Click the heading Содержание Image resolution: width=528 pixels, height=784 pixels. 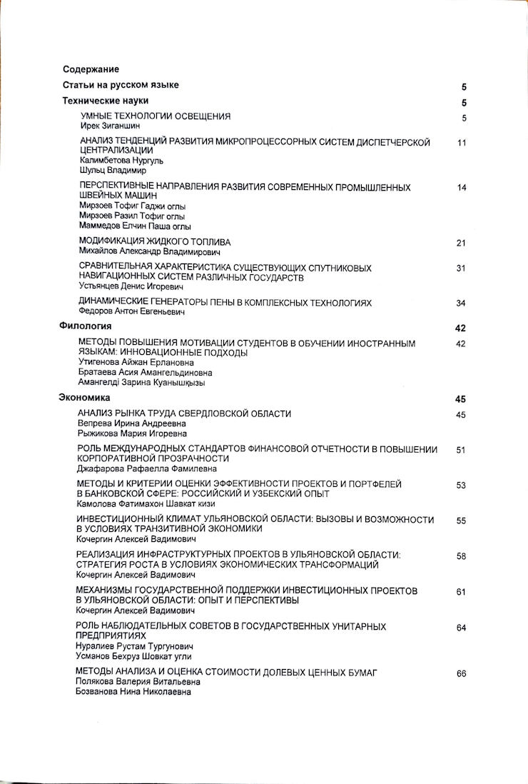coord(91,69)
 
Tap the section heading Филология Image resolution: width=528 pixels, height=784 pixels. coord(84,326)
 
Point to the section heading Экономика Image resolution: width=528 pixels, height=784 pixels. coord(84,397)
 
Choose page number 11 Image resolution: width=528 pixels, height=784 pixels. coord(461,143)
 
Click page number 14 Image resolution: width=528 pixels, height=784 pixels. coord(461,188)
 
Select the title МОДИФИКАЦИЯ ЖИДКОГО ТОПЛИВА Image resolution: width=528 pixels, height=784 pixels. coord(155,242)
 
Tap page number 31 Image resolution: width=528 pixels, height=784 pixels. coord(461,268)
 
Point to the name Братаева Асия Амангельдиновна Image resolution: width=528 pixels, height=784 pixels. coord(145,372)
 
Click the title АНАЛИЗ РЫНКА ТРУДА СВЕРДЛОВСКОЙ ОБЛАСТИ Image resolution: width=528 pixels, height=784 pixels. coord(184,413)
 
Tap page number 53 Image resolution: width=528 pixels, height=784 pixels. coord(461,486)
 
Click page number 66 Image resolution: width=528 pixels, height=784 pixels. coord(461,673)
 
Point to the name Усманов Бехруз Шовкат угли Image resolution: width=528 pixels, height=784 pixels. coord(133,655)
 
